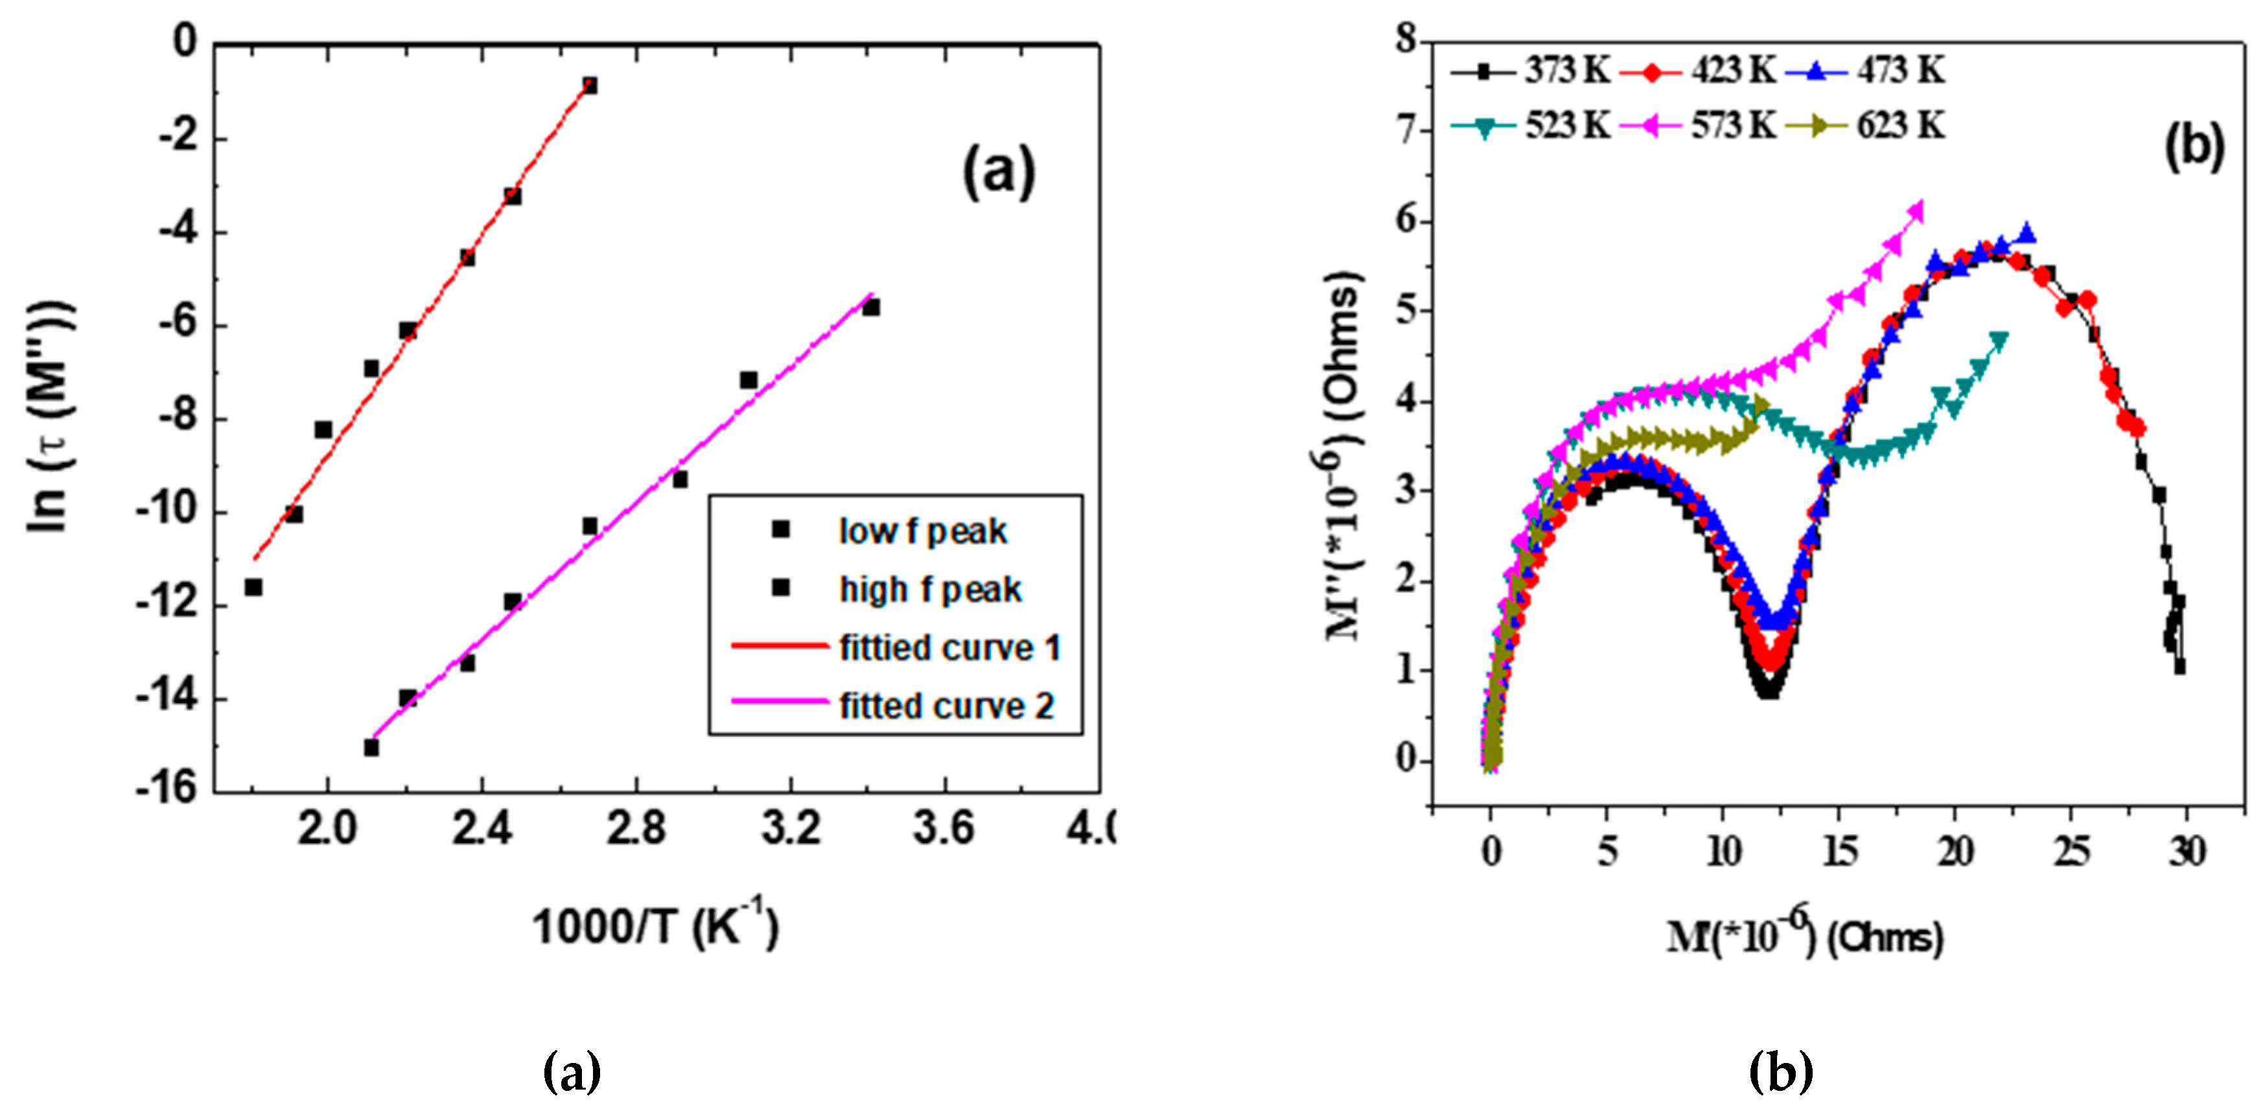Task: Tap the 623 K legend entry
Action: pyautogui.click(x=1900, y=126)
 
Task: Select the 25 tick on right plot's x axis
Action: pyautogui.click(x=2072, y=851)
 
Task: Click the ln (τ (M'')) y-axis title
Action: pyautogui.click(x=51, y=417)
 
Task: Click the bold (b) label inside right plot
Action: pyautogui.click(x=2193, y=145)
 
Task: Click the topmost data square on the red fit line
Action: pyautogui.click(x=589, y=86)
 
